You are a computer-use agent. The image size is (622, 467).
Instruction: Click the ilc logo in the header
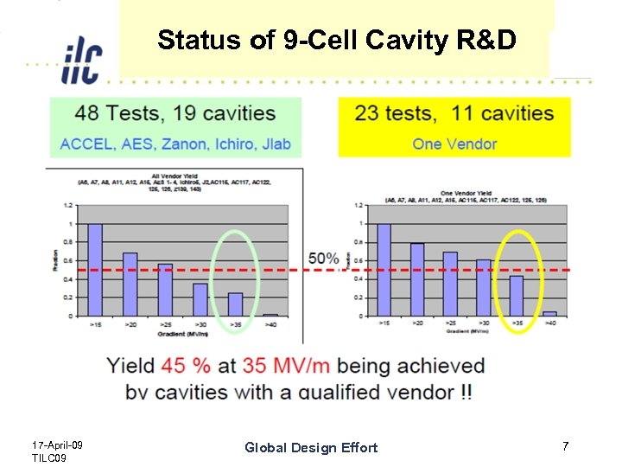(x=81, y=61)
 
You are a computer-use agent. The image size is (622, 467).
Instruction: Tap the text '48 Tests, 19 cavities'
(x=175, y=114)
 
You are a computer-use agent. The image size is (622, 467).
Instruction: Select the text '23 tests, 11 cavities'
(x=454, y=114)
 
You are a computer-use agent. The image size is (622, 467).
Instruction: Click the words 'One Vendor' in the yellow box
(x=454, y=144)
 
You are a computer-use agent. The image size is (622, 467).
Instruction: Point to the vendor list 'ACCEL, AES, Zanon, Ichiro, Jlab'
(x=175, y=144)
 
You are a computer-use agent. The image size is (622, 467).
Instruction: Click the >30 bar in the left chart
(x=200, y=299)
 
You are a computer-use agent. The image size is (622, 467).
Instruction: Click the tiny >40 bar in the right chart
(x=549, y=314)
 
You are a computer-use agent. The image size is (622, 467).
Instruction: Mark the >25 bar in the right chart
(x=450, y=284)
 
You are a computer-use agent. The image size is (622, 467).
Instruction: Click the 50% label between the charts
(x=324, y=259)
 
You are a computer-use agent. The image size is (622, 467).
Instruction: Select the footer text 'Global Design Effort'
(x=311, y=447)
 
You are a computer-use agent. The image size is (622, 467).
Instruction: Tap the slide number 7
(x=565, y=446)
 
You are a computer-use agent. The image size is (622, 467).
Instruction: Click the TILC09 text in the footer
(x=48, y=457)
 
